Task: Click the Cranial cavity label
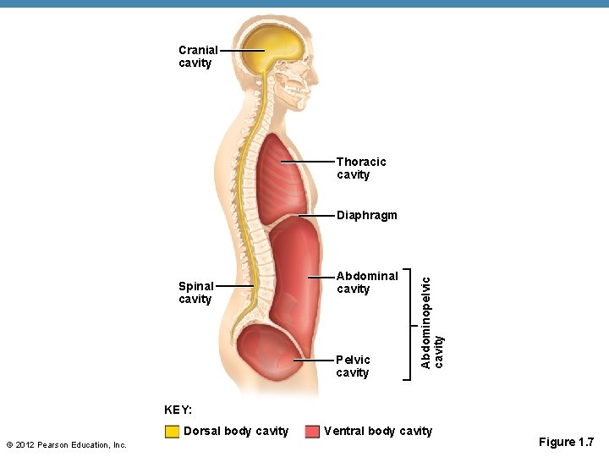(198, 57)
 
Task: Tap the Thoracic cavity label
(360, 168)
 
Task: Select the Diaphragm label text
(366, 216)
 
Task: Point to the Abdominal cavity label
(366, 282)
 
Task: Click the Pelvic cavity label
(353, 366)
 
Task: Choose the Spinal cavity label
(195, 292)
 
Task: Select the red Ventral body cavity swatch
(311, 432)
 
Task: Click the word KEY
(178, 410)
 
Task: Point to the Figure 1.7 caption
(566, 442)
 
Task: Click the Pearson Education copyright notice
(66, 445)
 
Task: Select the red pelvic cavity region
(269, 355)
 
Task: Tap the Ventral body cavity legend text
(377, 432)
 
